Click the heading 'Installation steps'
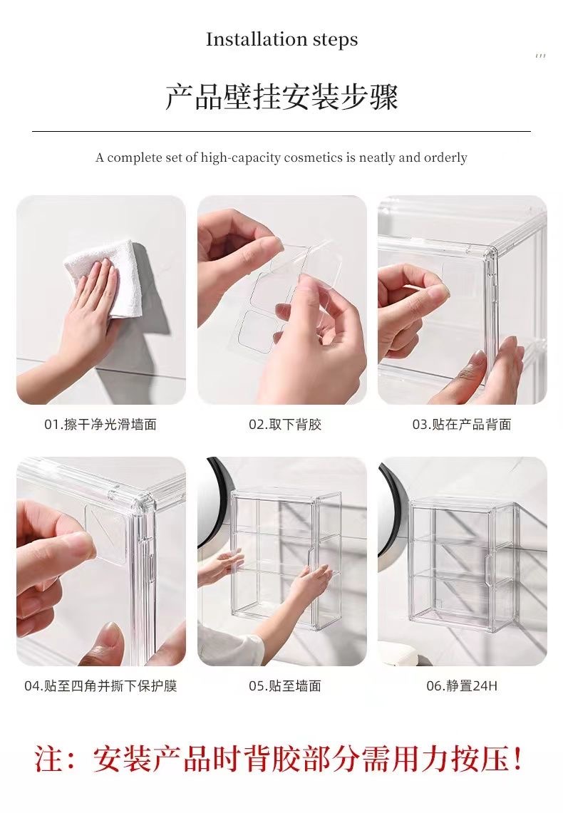point(281,40)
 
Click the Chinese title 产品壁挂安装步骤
point(281,98)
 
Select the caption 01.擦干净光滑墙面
point(100,425)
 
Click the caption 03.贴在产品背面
point(462,425)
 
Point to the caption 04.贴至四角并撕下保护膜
point(100,686)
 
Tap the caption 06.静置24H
point(462,686)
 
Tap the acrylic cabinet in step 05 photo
point(285,559)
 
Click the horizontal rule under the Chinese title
point(281,131)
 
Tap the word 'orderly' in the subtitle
point(445,157)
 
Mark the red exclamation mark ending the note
point(518,760)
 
